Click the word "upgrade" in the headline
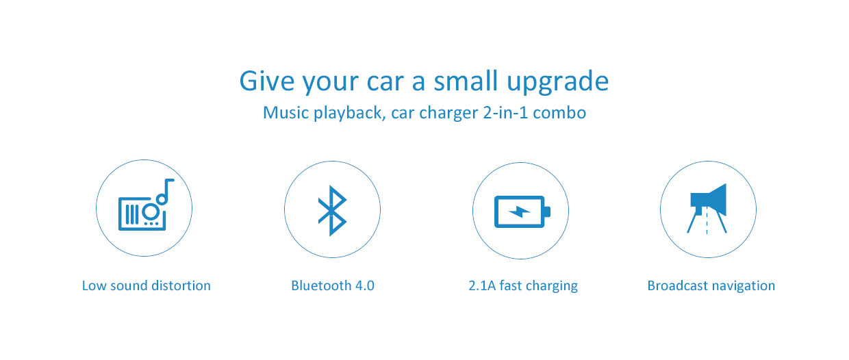point(557,83)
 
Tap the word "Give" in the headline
point(267,81)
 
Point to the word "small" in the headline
point(466,80)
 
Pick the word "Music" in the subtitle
point(286,112)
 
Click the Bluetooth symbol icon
point(332,211)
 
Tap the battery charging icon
point(522,212)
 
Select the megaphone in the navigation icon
point(709,200)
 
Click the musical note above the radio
point(165,192)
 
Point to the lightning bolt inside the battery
point(520,212)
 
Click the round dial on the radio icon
point(151,211)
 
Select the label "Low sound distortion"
point(147,285)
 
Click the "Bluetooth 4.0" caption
point(332,285)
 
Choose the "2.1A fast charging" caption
point(523,286)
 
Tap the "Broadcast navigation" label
point(711,286)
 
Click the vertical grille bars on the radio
point(131,214)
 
